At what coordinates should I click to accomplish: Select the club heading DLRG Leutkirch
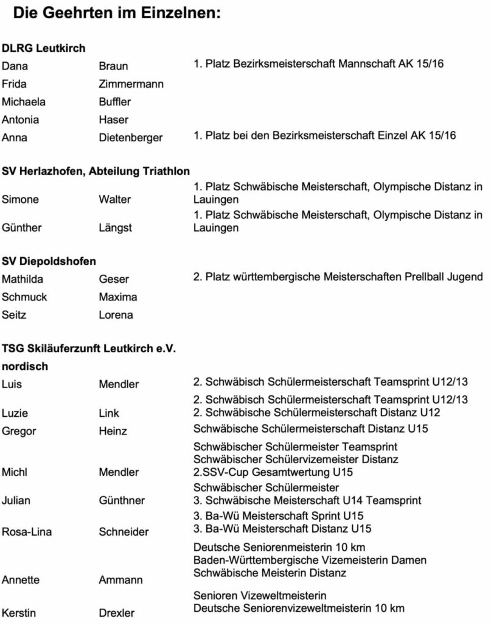click(x=44, y=48)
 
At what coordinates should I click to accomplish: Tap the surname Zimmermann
click(x=131, y=84)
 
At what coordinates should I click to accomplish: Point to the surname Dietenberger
click(x=131, y=138)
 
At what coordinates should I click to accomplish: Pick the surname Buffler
click(x=114, y=102)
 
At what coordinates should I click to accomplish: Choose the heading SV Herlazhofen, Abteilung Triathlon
click(x=96, y=171)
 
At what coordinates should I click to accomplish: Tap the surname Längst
click(x=115, y=227)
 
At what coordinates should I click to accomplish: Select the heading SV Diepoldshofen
click(x=49, y=261)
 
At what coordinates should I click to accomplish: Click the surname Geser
click(x=114, y=280)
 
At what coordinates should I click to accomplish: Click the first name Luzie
click(x=15, y=413)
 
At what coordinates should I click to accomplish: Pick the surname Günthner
click(x=122, y=500)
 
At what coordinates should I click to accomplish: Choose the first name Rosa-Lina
click(x=27, y=531)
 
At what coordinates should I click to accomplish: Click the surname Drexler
click(x=116, y=612)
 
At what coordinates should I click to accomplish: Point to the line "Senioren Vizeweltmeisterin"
click(x=260, y=595)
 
